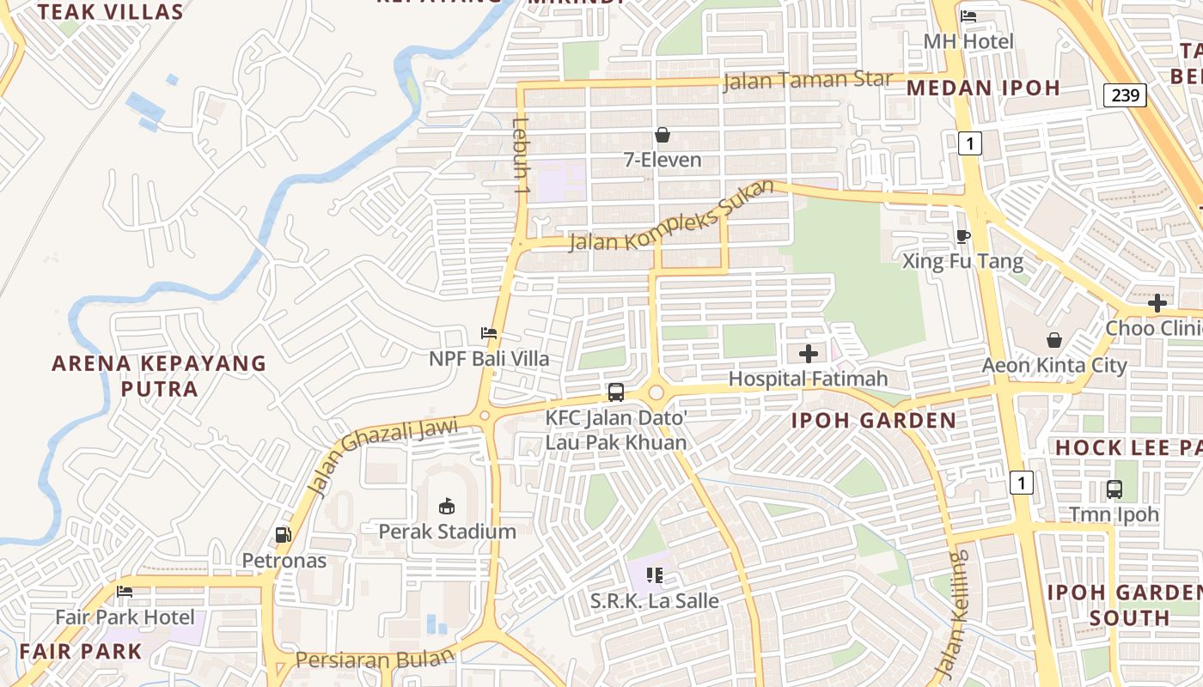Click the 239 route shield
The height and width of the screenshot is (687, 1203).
tap(1125, 94)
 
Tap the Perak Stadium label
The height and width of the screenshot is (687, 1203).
tap(448, 532)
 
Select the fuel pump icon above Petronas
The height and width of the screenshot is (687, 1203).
tap(283, 535)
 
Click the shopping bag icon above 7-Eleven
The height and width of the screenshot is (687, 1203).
tap(663, 135)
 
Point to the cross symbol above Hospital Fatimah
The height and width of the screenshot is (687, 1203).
tap(809, 353)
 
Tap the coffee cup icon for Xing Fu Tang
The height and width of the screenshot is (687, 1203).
tap(963, 236)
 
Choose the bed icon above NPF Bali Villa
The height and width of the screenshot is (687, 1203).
tap(489, 333)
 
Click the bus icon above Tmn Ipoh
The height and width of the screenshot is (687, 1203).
tap(1114, 489)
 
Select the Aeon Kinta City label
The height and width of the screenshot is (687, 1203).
tap(1054, 366)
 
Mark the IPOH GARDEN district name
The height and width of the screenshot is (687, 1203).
tap(873, 421)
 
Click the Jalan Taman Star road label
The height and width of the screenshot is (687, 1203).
tap(808, 81)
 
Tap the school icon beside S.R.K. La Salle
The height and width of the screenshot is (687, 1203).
tap(655, 575)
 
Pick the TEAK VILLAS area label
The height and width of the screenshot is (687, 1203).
tap(111, 12)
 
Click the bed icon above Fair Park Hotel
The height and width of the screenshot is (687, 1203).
tap(125, 592)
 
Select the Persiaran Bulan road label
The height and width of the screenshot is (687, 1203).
tap(375, 660)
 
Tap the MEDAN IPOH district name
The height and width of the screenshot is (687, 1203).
tap(983, 88)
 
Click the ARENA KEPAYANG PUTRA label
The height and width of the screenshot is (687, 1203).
tap(159, 376)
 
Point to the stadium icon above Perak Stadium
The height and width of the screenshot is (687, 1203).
tap(447, 507)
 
